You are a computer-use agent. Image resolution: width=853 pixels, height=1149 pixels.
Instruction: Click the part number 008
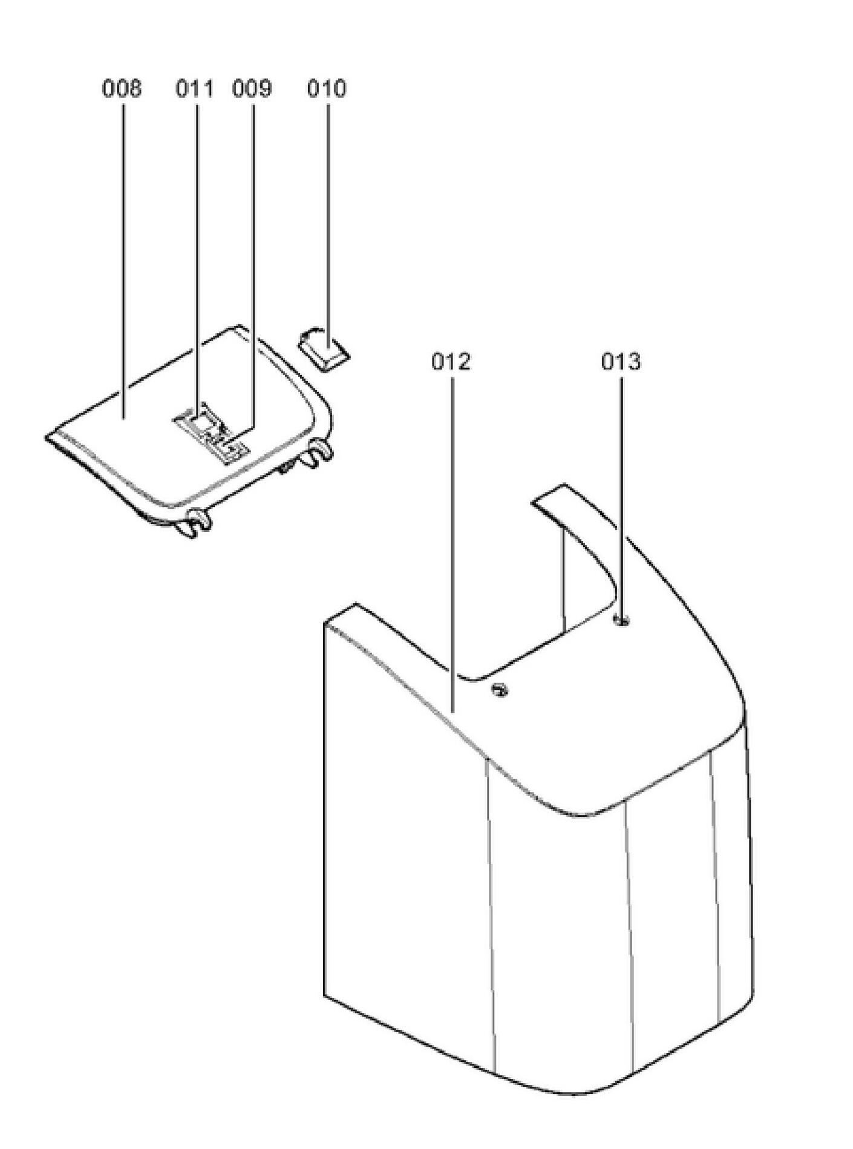[122, 89]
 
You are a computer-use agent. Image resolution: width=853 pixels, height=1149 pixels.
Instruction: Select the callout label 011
[194, 89]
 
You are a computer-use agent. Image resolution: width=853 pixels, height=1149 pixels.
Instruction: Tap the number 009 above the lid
[252, 89]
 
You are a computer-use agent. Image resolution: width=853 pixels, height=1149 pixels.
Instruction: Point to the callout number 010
[327, 89]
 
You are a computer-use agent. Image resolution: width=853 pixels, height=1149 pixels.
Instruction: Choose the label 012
[451, 362]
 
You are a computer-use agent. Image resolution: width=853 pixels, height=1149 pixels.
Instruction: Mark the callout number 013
[621, 362]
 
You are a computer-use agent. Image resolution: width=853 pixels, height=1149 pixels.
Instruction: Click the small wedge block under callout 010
[324, 350]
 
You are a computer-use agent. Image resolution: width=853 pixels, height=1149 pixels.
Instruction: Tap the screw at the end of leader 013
[621, 620]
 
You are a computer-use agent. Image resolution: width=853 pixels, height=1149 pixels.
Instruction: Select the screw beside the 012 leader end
[500, 690]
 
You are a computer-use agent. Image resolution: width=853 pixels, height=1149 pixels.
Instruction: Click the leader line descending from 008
[123, 260]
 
